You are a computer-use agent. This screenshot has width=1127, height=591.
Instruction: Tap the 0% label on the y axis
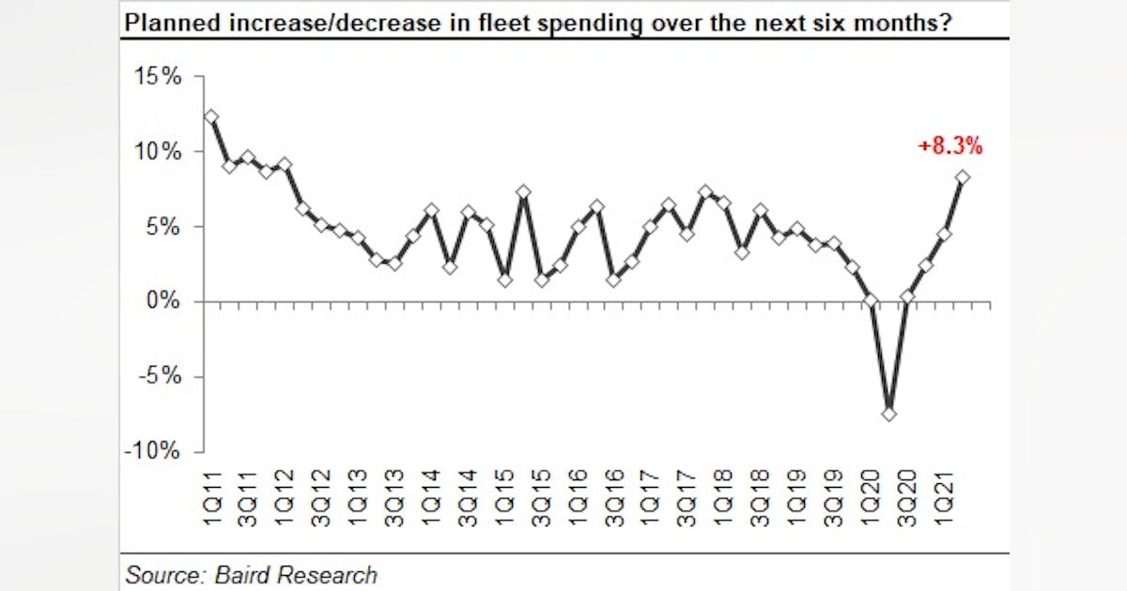[x=164, y=301]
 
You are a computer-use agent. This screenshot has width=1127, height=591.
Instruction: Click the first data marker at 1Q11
[x=211, y=116]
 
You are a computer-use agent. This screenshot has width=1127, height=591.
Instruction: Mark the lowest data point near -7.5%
[x=889, y=413]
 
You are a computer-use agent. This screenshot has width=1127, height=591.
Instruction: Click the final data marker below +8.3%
[x=963, y=176]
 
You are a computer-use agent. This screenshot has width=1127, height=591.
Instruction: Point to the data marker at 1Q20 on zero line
[x=872, y=301]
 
